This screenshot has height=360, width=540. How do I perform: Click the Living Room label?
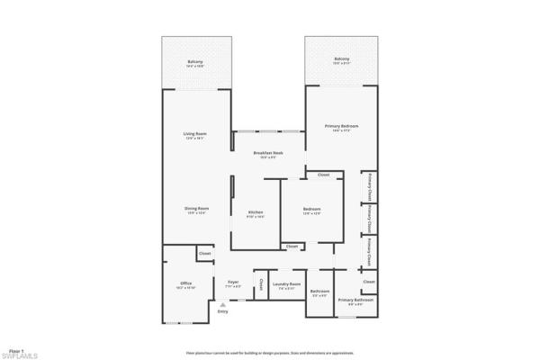(x=195, y=134)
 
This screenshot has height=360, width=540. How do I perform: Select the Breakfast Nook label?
(x=268, y=154)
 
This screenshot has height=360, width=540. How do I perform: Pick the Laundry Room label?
(x=286, y=283)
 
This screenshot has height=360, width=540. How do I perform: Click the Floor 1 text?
(x=16, y=348)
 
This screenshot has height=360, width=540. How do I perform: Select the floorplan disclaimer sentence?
(x=268, y=354)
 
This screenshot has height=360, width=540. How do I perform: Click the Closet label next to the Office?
(x=204, y=255)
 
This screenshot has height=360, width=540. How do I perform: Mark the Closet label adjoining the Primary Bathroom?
(x=369, y=282)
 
